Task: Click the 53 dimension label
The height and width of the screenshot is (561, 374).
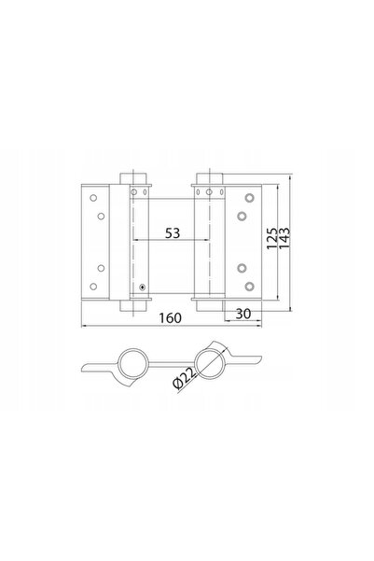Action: point(173,233)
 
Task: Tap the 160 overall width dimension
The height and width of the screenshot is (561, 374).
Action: point(170,317)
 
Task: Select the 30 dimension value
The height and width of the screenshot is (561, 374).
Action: point(243,314)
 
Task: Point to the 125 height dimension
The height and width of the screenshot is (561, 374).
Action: point(271,239)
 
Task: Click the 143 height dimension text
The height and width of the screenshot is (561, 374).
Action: point(284,239)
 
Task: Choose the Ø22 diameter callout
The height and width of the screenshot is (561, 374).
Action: point(185,378)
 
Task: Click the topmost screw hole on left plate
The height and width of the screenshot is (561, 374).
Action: point(93,198)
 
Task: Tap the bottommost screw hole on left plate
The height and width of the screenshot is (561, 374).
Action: point(93,287)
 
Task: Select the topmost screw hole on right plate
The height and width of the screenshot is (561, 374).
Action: point(249,198)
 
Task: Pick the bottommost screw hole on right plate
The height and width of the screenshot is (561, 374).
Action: point(249,287)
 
